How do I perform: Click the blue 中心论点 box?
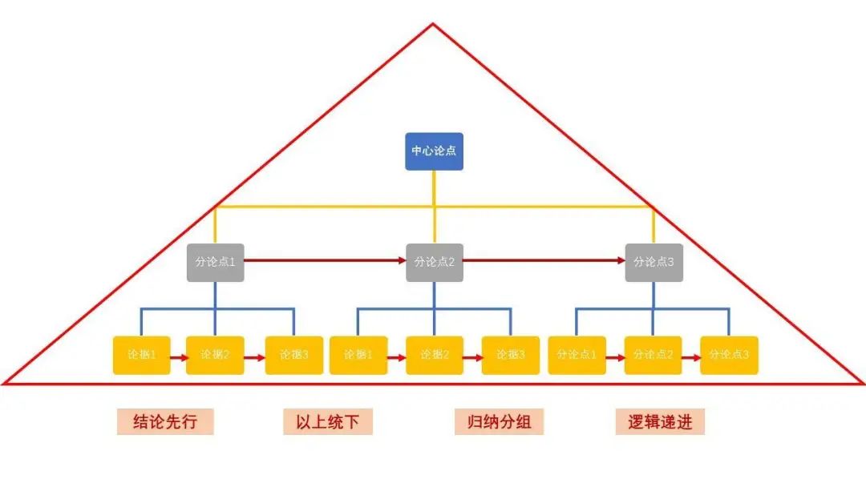coord(434,151)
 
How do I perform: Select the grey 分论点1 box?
coord(215,262)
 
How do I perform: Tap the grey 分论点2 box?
coord(434,262)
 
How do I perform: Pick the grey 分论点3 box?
coord(654,262)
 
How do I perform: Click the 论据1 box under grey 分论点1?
coord(141,355)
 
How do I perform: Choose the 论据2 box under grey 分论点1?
coord(215,355)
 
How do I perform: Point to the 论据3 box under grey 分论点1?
coord(293,355)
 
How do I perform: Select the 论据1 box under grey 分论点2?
coord(358,355)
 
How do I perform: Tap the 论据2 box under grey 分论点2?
coord(434,355)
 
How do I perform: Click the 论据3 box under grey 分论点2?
coord(511,355)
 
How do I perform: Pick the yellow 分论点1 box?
coord(577,355)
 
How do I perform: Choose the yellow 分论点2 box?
coord(654,355)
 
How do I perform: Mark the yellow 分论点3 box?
coord(729,355)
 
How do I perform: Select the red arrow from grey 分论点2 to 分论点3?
coord(544,260)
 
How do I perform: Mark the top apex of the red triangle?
coord(433,24)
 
